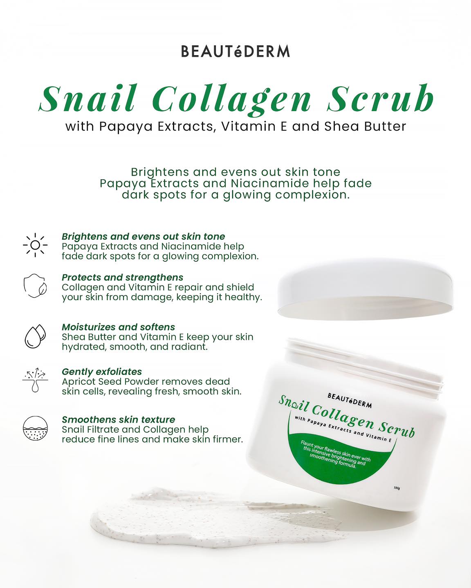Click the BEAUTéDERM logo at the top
tap(235, 51)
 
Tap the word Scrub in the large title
tap(380, 99)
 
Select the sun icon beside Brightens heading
tap(35, 245)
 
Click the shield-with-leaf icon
tap(35, 286)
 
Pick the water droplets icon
tap(35, 336)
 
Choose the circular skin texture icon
tap(35, 429)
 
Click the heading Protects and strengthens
tap(122, 278)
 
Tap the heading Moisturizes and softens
tap(118, 327)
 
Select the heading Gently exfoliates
tap(102, 372)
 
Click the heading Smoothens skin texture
tap(118, 419)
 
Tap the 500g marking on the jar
tap(397, 488)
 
